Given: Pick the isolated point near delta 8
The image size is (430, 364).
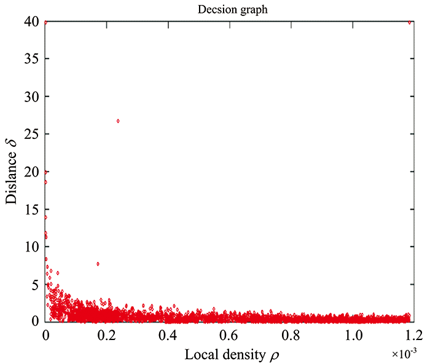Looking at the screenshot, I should (x=98, y=264).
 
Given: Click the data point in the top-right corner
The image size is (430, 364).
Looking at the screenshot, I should (x=410, y=22).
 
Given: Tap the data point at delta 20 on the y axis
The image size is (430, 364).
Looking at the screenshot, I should (x=46, y=172).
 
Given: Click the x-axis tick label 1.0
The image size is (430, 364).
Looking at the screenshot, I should (x=351, y=336).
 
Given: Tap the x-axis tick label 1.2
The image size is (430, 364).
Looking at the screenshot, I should (x=413, y=336).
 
